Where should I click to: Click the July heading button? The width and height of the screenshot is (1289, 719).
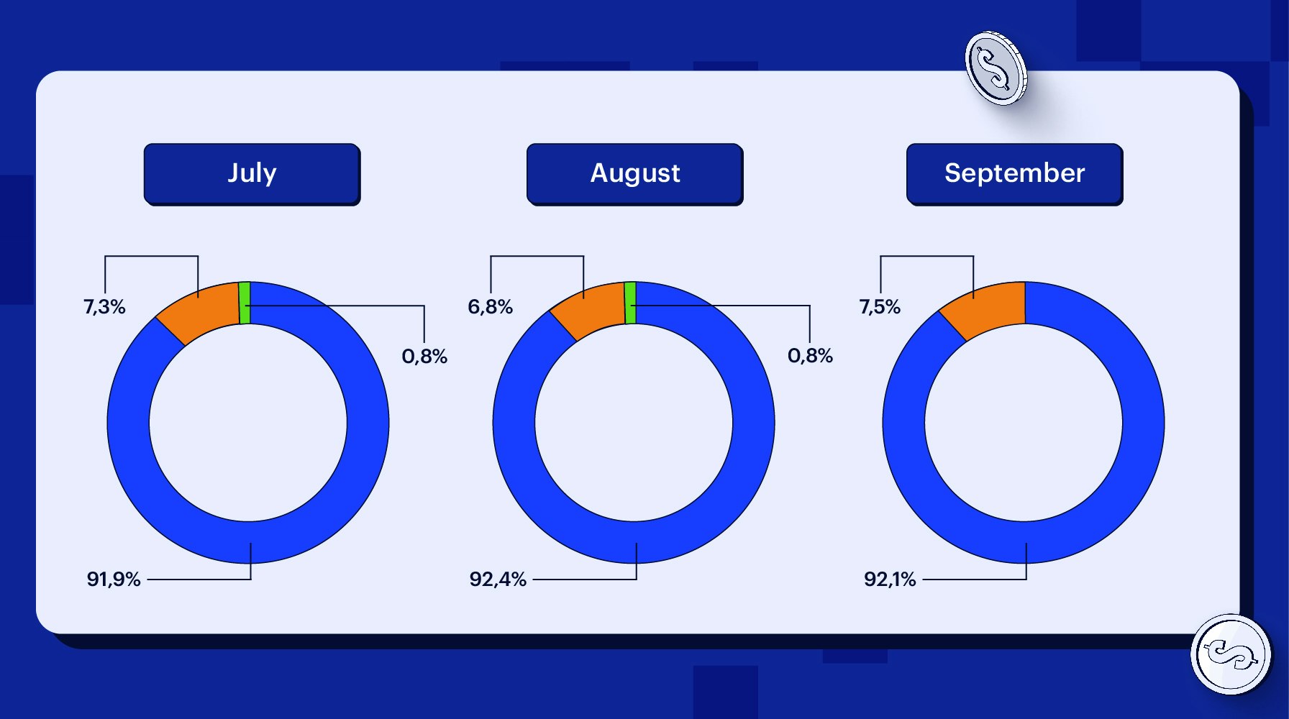coord(252,174)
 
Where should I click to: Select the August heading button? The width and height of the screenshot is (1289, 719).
coord(634,174)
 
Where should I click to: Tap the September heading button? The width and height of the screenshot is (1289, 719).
coord(1014,174)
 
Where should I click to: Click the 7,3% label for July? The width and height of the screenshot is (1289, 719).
coord(104,307)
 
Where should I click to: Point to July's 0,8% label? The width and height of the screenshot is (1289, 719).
coord(424,356)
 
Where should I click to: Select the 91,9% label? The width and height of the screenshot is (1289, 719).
coord(114,579)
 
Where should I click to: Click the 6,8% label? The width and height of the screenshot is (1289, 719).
coord(490,307)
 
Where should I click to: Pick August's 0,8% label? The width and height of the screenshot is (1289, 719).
coord(810,356)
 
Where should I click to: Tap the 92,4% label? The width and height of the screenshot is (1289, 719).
coord(498,579)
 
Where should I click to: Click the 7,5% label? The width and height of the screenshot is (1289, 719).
coord(880,307)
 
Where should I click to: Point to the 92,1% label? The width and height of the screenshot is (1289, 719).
coord(890,579)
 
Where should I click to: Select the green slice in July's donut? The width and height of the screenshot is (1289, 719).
coord(245,303)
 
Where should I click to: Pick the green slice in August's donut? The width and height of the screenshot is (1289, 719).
coord(630,303)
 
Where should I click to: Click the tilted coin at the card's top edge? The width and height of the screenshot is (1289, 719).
coord(996,68)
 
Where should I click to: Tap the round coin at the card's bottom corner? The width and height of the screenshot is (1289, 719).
coord(1231,654)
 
